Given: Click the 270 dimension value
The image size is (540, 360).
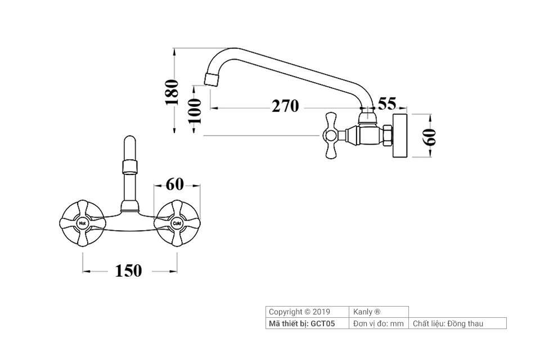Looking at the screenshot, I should click(285, 106).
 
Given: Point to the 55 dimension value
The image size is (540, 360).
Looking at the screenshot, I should click(387, 103).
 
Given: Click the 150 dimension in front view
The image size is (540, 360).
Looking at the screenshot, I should click(129, 271).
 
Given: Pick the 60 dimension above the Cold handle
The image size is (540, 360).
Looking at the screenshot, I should click(175, 183).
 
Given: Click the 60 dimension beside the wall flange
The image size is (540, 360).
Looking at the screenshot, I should click(430, 137).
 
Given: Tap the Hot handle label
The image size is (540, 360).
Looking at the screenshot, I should click(83, 224).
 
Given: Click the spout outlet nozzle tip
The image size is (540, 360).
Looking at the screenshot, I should click(211, 78).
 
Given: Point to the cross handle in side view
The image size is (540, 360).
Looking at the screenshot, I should click(331, 135).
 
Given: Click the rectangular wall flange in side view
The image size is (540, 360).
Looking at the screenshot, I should click(399, 136).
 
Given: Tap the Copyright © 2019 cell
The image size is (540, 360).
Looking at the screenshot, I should click(300, 312).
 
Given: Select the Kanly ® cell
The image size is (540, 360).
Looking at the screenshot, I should click(367, 312).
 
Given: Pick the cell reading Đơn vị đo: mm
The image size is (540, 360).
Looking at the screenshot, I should click(379, 323).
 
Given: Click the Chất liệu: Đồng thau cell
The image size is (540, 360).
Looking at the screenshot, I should click(448, 323).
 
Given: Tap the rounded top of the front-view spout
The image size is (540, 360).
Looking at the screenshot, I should click(129, 140).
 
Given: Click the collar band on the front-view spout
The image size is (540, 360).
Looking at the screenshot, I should click(129, 166).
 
